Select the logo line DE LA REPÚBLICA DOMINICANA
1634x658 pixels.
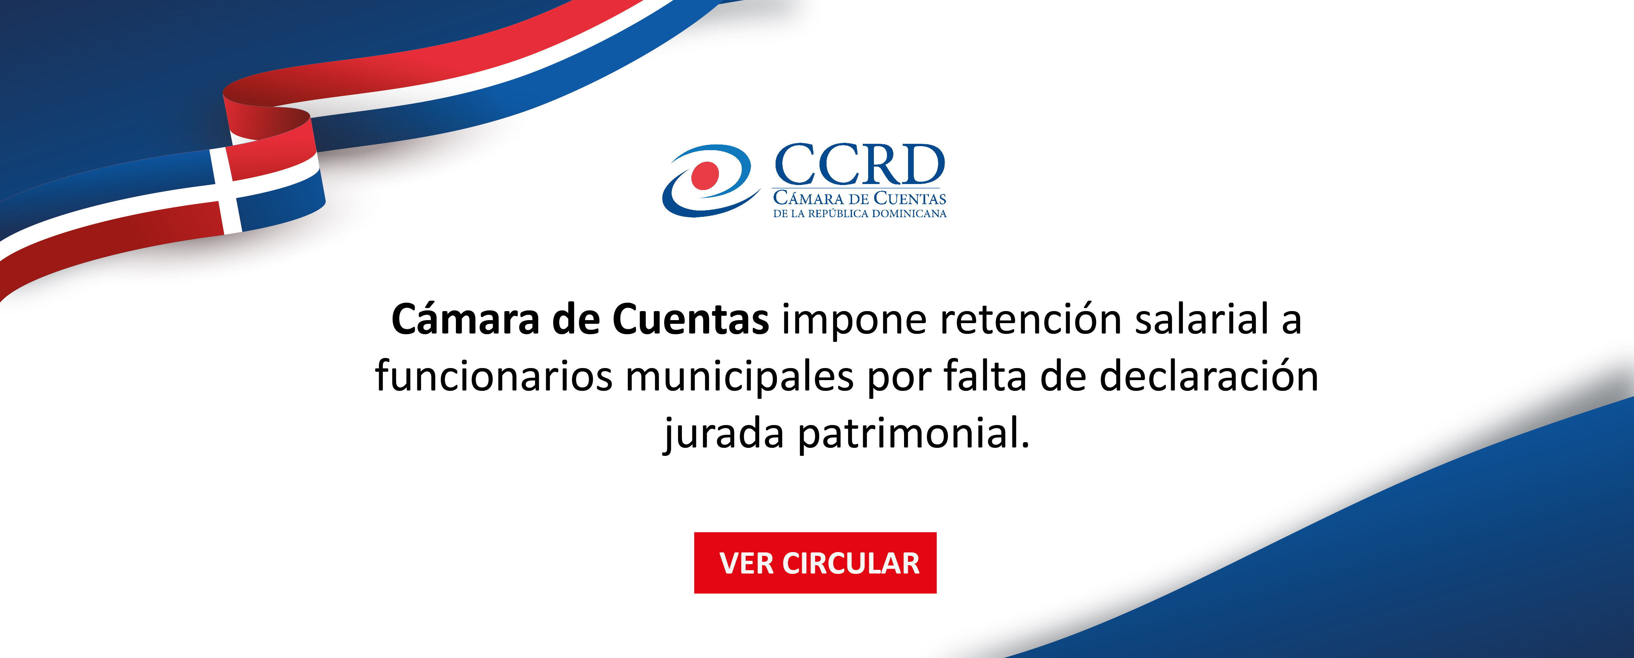(859, 214)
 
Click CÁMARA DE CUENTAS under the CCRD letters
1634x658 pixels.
(859, 198)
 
